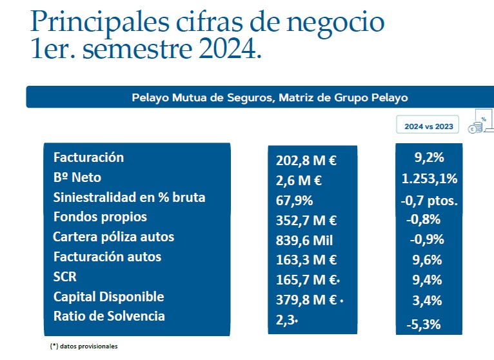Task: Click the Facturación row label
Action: pyautogui.click(x=88, y=157)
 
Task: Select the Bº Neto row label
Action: pyautogui.click(x=77, y=177)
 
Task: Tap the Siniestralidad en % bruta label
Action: pyautogui.click(x=129, y=197)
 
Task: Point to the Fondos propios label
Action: pyautogui.click(x=100, y=217)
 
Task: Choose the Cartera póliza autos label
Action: pyautogui.click(x=114, y=237)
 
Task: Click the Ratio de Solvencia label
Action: pyautogui.click(x=109, y=316)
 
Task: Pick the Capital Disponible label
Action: pyautogui.click(x=108, y=297)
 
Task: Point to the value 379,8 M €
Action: pyautogui.click(x=306, y=300)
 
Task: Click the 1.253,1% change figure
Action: pyautogui.click(x=429, y=178)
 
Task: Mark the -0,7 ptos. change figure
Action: pyautogui.click(x=429, y=201)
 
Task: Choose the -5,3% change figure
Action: pyautogui.click(x=424, y=324)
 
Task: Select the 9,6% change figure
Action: pyautogui.click(x=426, y=260)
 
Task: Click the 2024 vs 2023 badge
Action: pyautogui.click(x=428, y=126)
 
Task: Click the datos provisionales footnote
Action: pyautogui.click(x=84, y=346)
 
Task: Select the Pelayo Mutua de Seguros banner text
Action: pyautogui.click(x=270, y=97)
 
